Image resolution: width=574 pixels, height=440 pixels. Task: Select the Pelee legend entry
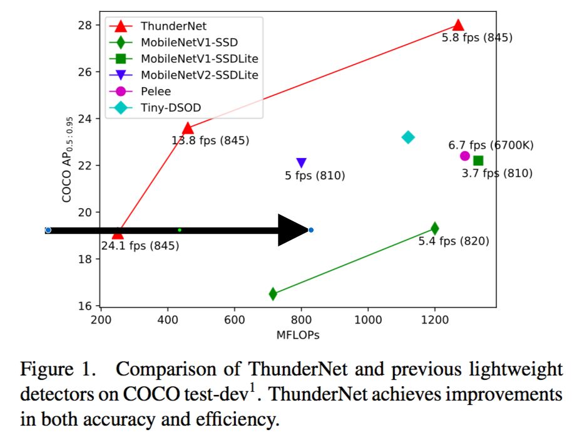155,92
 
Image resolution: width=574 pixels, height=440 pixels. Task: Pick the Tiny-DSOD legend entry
170,108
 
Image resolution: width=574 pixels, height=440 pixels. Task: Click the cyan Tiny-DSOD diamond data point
408,137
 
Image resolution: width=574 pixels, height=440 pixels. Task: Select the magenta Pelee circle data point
464,156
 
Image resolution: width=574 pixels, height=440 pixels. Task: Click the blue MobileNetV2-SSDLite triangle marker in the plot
301,163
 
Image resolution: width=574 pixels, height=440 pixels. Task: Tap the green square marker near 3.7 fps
478,161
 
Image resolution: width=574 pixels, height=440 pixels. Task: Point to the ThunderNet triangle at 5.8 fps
458,25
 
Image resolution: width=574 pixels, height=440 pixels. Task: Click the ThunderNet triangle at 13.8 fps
187,128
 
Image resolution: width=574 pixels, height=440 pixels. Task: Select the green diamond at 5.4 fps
434,228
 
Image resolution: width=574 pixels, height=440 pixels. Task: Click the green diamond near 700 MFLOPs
273,293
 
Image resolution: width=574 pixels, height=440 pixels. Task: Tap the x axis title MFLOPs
298,335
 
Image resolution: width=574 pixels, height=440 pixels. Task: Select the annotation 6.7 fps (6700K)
491,145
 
